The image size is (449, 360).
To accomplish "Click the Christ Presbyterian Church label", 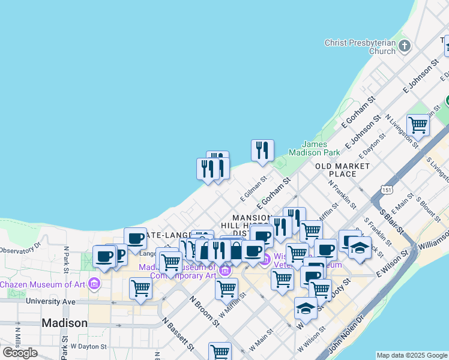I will [x=360, y=47].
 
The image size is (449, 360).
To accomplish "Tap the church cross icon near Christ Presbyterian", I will [x=405, y=46].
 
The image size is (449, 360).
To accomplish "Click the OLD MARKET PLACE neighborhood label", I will [x=343, y=170].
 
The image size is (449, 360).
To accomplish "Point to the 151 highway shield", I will [x=387, y=190].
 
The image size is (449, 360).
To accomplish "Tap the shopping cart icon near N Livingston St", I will [x=418, y=125].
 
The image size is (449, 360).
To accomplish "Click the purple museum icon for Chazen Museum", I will [x=94, y=283].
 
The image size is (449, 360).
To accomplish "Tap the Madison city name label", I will [x=64, y=323].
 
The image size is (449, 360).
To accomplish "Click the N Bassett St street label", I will [x=179, y=333].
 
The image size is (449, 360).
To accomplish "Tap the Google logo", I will [x=20, y=353].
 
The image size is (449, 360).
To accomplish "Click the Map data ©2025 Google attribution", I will [x=412, y=355].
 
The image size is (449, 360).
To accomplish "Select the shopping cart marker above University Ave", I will [x=140, y=287].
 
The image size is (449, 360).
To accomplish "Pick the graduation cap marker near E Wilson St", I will [x=360, y=248].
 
